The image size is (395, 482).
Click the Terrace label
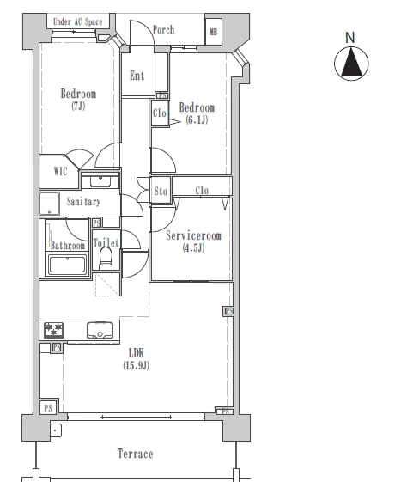135,454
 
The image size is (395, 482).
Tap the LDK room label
136,353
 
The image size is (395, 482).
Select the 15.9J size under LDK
136,365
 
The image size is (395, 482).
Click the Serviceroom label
193,235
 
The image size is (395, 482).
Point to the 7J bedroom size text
78,106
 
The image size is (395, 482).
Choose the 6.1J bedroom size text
197,119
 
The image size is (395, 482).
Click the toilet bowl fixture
106,259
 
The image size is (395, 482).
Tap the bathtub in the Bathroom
67,265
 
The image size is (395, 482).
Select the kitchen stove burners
54,330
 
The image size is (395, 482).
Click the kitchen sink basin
100,330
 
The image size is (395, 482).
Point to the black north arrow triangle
352,63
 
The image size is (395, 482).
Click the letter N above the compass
350,38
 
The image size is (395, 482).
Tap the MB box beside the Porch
214,32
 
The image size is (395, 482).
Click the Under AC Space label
77,21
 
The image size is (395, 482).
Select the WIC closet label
60,171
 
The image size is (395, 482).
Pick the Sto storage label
161,192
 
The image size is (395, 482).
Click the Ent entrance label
137,76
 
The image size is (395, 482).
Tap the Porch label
163,30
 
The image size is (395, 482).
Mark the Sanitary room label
83,202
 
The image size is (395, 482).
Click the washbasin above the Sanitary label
100,181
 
